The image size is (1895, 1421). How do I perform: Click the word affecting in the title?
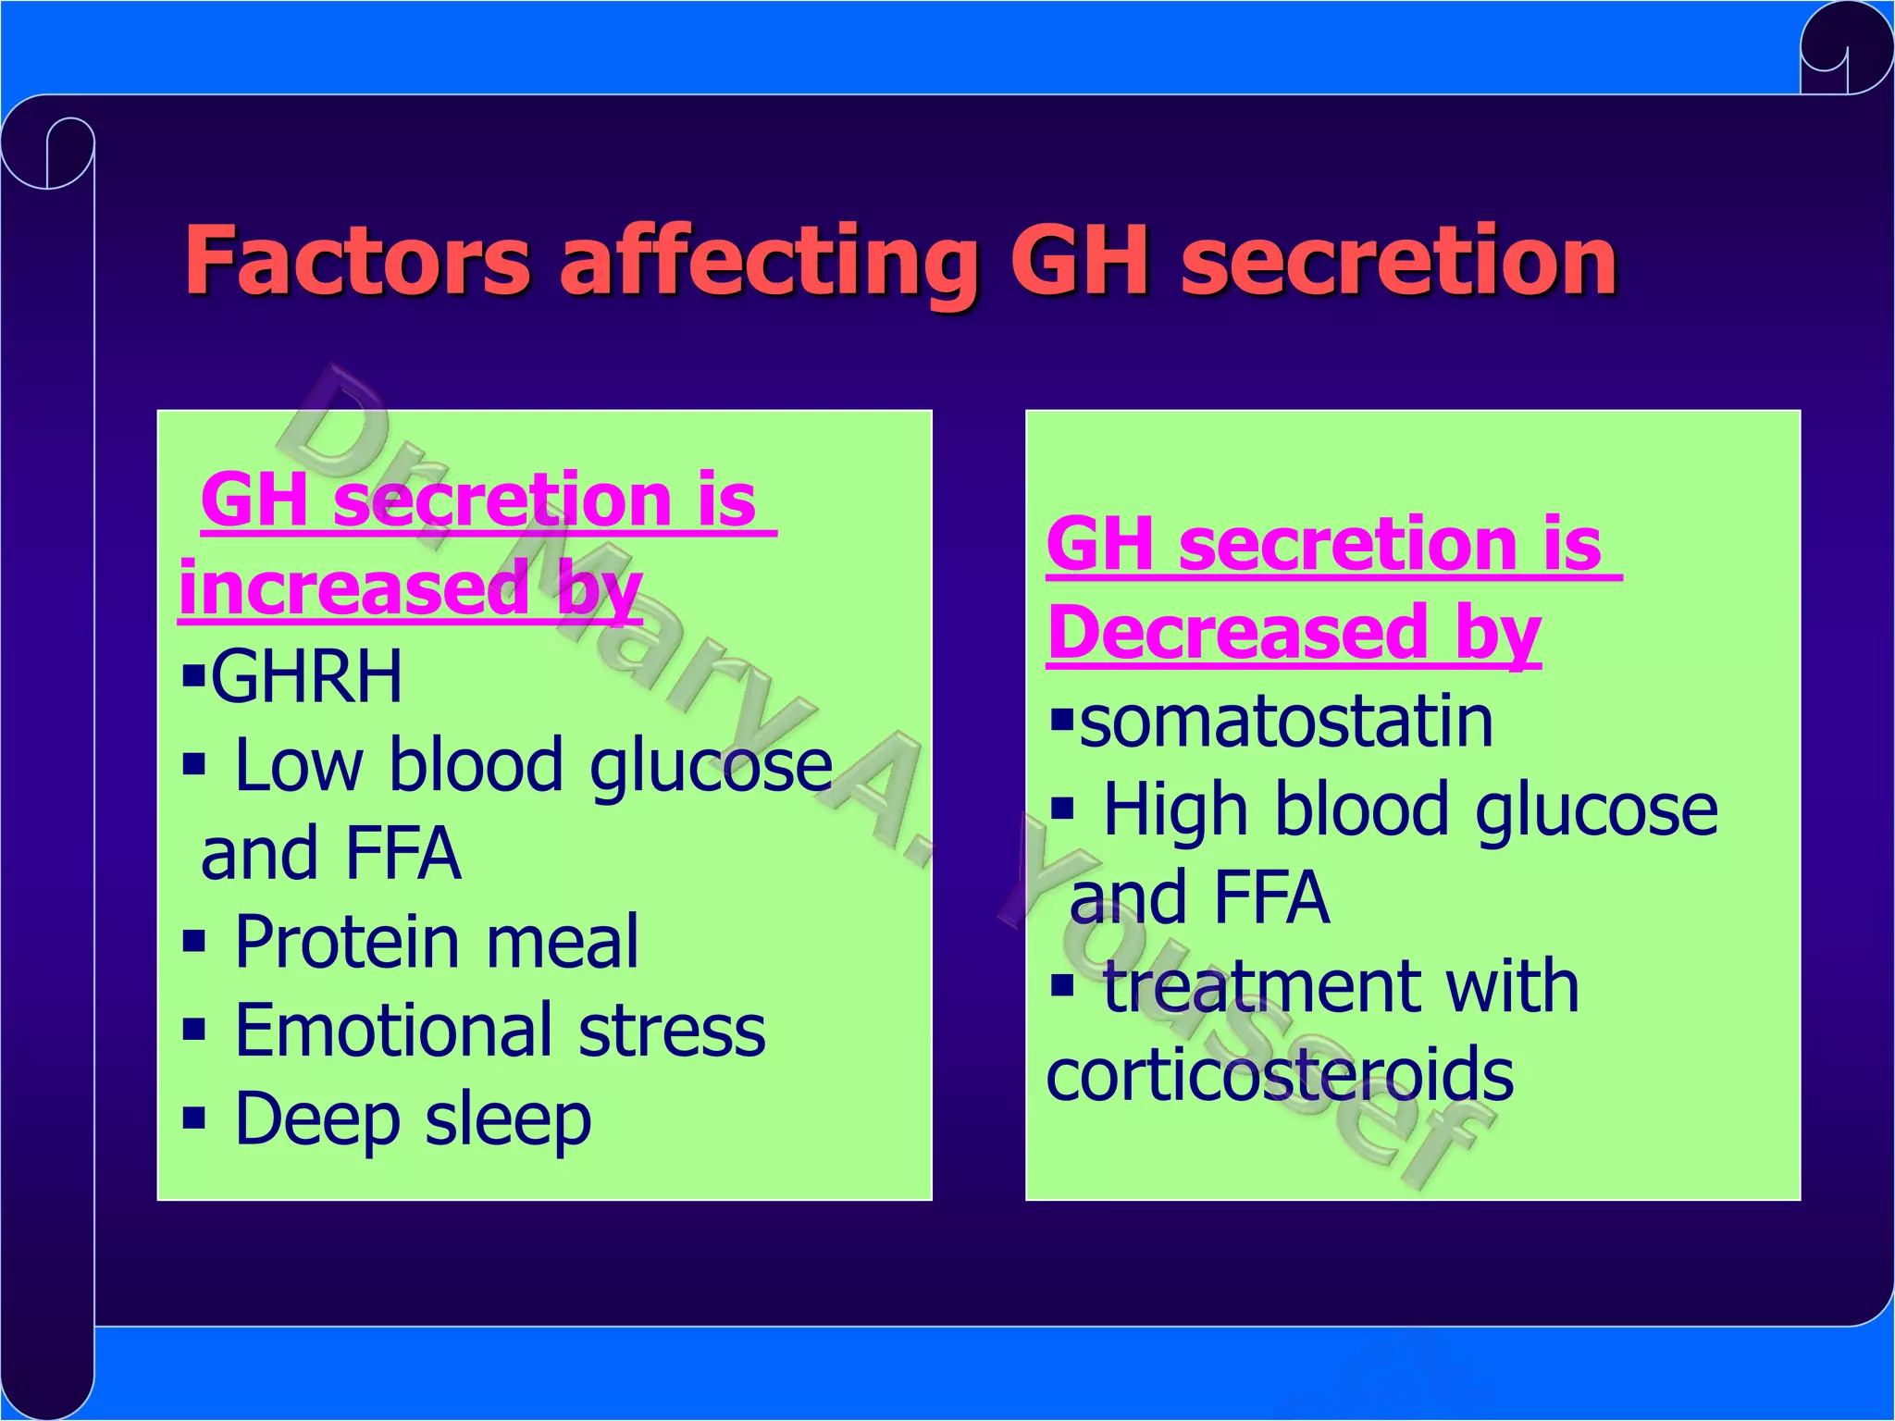pos(769,264)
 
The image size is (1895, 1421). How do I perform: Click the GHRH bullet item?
pos(306,675)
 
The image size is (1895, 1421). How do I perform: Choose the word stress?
pos(672,1030)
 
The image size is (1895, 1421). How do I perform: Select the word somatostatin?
pos(1286,722)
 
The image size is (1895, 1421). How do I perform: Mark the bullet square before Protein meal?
pos(193,943)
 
